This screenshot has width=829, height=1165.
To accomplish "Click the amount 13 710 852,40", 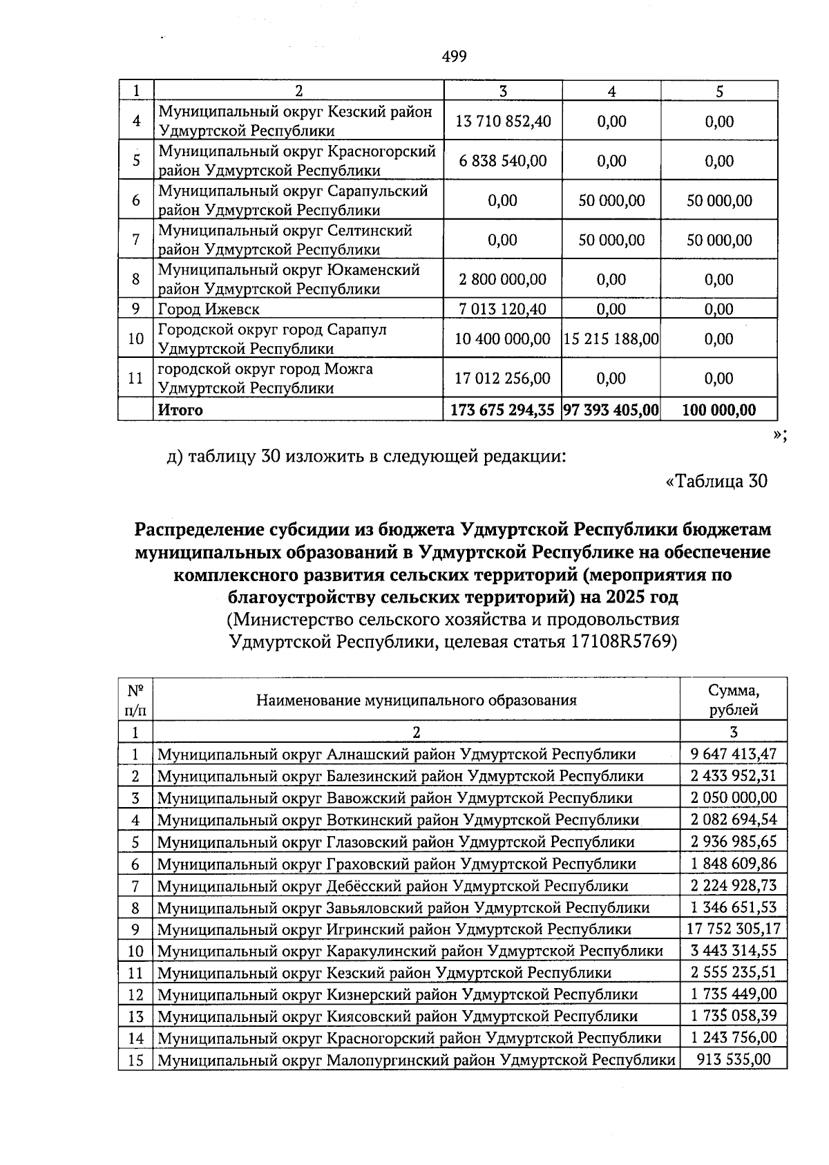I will point(502,122).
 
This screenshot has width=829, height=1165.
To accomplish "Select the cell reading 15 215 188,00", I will point(611,339).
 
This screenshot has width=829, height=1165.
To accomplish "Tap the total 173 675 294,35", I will point(502,410).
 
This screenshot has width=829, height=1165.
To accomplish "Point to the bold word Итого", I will point(180,410).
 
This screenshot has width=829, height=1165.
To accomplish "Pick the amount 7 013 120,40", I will point(502,310).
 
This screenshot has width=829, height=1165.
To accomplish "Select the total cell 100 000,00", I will point(719,410).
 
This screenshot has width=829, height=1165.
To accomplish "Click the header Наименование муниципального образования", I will point(417,701).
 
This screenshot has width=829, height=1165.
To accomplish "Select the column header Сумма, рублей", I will point(734,700).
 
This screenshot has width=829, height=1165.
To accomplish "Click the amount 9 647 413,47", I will point(734,754).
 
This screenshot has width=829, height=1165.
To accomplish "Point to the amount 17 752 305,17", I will point(734,929).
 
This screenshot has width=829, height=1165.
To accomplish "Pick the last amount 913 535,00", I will point(734,1059).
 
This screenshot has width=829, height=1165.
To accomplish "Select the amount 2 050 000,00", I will point(734,797).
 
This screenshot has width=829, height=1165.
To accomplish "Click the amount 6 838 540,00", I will point(502,161).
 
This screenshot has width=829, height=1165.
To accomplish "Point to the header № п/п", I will point(135,700).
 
